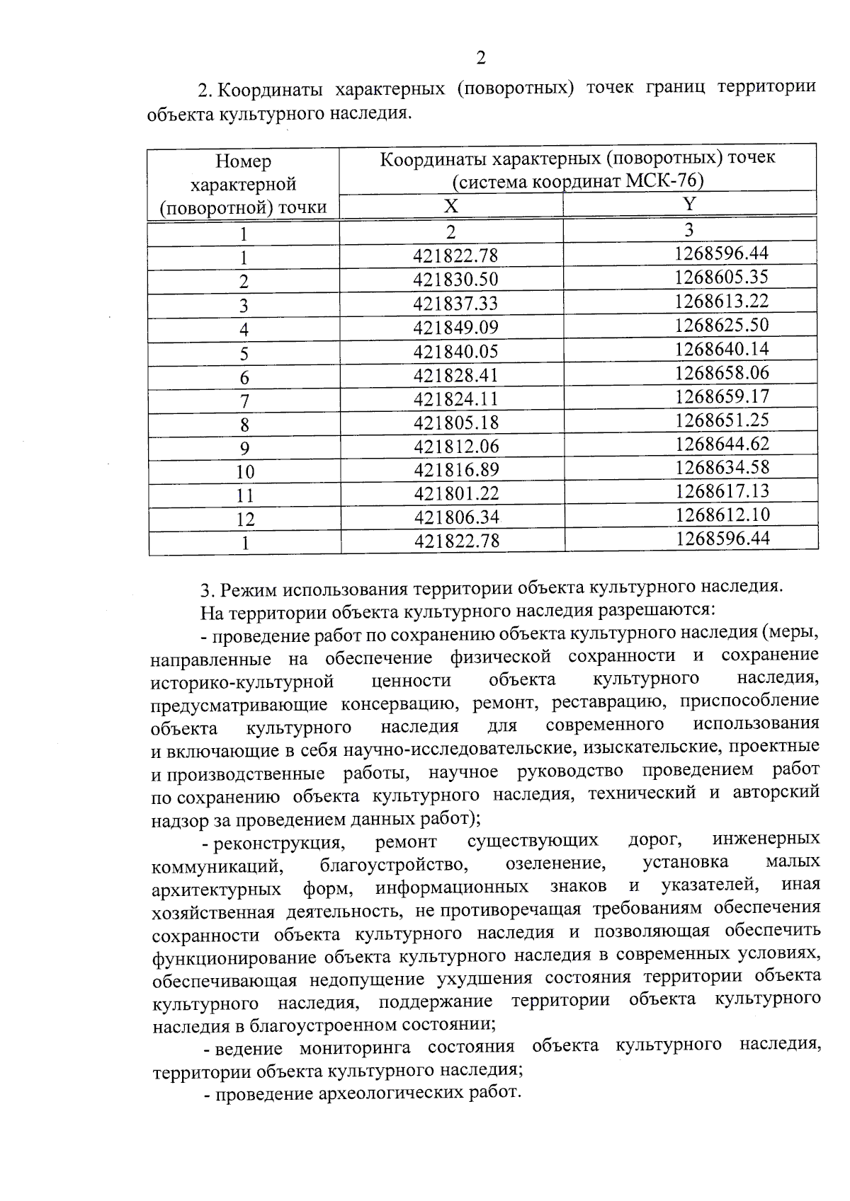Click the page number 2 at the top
(481, 57)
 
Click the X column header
(450, 206)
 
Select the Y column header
(689, 204)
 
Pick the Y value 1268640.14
(721, 349)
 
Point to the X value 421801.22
(456, 493)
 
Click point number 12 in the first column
(245, 519)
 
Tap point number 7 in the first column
(244, 401)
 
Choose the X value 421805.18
(456, 423)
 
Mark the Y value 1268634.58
(722, 467)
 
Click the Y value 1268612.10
(722, 515)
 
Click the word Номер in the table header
(243, 162)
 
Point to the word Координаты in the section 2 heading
(269, 91)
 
